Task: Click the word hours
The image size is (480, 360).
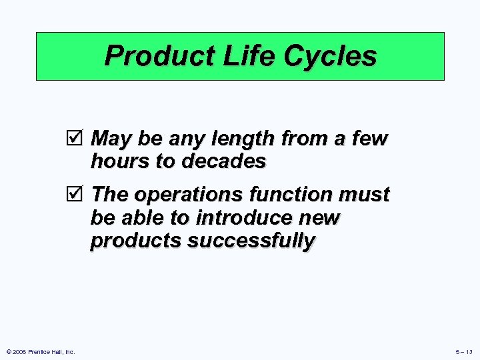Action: coord(119,161)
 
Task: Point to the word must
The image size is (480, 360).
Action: coord(365,195)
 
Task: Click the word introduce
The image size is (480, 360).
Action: coord(237,217)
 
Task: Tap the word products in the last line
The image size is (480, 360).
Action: coord(135,240)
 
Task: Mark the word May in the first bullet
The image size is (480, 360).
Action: coord(110,139)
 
